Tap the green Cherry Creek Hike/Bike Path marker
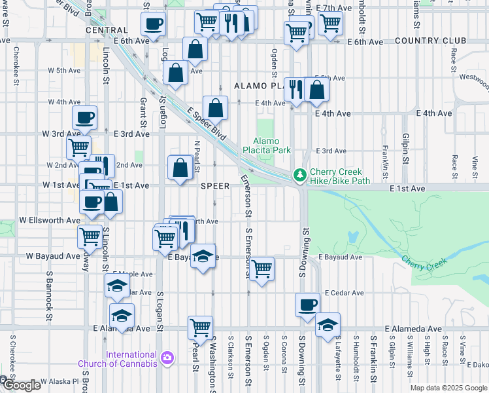pos(299,175)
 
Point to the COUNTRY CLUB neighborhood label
pos(424,41)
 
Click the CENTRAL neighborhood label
pos(106,30)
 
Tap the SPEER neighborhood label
pos(214,186)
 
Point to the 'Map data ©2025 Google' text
pos(448,388)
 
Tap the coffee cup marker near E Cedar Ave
pos(307,305)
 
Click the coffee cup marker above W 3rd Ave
pos(84,118)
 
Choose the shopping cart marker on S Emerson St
pos(261,268)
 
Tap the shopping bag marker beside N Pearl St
pos(180,167)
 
